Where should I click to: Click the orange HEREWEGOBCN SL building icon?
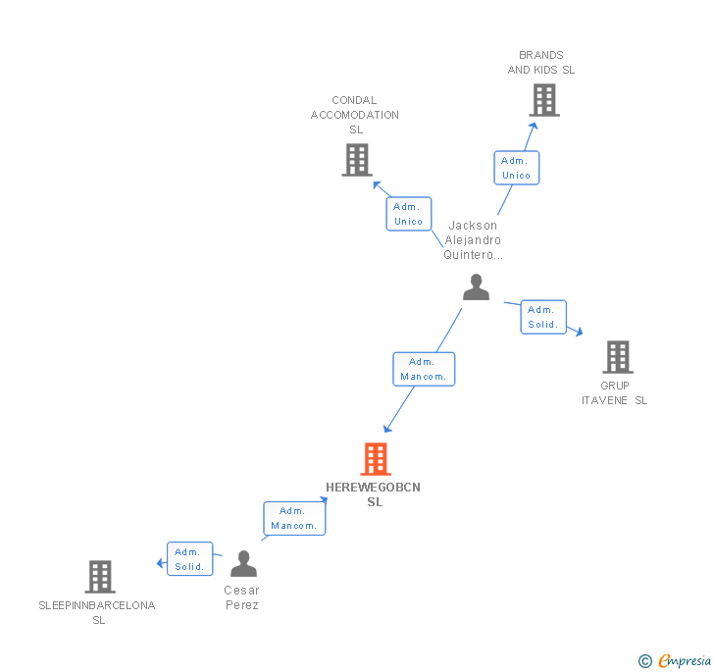tap(375, 459)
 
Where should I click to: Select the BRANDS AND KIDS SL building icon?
tap(543, 100)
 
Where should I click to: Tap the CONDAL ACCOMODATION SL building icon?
tap(356, 160)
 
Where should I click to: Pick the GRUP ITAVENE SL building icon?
tap(617, 357)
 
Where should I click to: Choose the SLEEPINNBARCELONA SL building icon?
tap(100, 577)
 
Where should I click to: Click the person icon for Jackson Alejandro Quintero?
tap(476, 287)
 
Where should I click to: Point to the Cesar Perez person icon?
tap(242, 564)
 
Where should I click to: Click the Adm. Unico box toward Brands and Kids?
tap(516, 168)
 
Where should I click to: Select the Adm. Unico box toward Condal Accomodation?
tap(408, 214)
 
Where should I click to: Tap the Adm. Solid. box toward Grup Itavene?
tap(542, 317)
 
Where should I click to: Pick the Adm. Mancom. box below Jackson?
tap(424, 369)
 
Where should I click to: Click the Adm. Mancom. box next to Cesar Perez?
tap(294, 518)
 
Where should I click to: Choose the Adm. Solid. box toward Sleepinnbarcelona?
tap(189, 559)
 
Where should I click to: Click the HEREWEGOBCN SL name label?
tap(374, 494)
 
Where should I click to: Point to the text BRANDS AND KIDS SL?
tap(541, 63)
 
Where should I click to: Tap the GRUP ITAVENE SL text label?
tap(615, 392)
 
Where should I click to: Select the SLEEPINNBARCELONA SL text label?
tap(97, 612)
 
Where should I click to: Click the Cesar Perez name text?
tap(241, 597)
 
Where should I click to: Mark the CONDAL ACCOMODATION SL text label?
tap(355, 115)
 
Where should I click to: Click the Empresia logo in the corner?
tap(675, 661)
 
